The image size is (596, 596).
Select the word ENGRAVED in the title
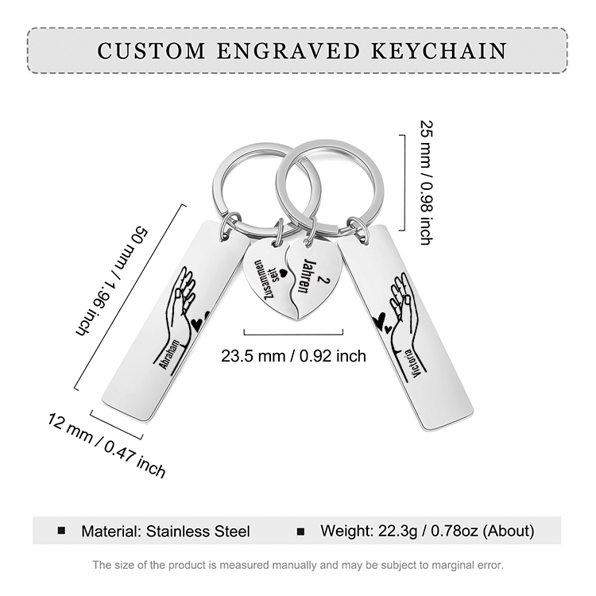point(284,51)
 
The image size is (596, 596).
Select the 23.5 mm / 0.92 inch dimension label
point(293,355)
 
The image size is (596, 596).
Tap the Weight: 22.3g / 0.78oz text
point(427,531)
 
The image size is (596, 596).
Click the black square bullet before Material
point(61,530)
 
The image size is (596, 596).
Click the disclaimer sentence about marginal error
point(298,565)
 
